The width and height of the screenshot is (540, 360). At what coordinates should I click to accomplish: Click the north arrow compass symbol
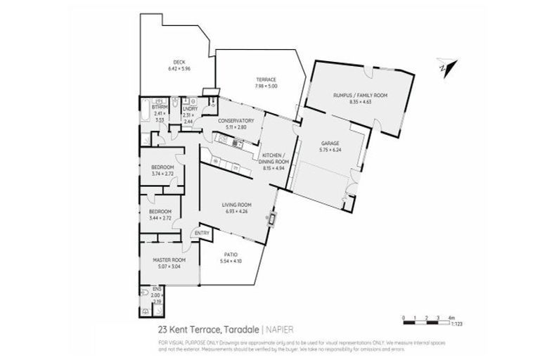[x=444, y=65]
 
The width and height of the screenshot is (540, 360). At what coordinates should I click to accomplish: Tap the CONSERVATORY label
[x=236, y=120]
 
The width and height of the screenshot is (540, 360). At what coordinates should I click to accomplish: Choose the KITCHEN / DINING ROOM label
[x=271, y=157]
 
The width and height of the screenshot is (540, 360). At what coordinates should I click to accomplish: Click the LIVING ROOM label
[x=235, y=205]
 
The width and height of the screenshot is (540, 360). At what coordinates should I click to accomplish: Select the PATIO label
[x=231, y=255]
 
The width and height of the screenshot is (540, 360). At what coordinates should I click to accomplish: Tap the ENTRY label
[x=202, y=233]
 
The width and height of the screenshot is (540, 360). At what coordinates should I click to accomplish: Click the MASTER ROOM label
[x=167, y=260]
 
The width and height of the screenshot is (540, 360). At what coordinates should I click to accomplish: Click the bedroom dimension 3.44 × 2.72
[x=160, y=218]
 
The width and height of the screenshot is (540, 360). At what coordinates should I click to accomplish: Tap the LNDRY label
[x=188, y=109]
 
